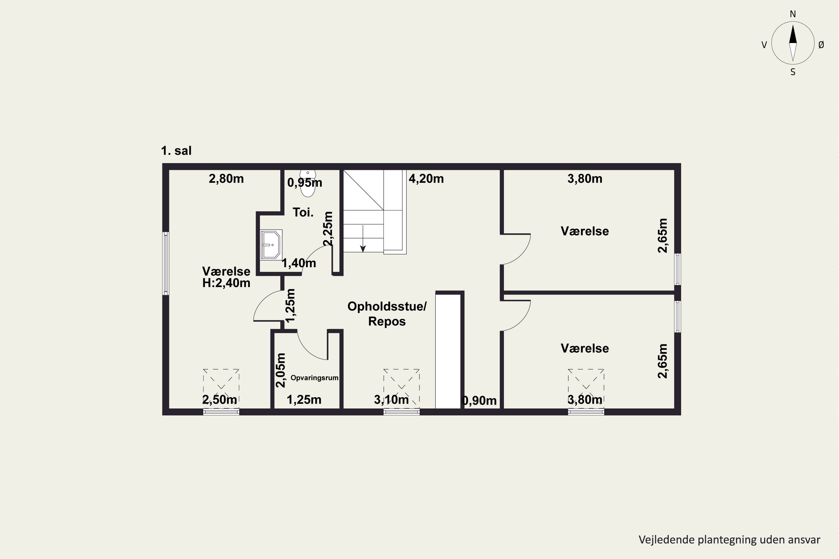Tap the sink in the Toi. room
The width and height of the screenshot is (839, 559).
(x=271, y=245)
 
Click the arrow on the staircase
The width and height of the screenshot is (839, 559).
(x=363, y=238)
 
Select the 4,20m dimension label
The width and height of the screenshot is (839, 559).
(x=426, y=179)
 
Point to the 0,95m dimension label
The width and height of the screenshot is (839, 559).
(x=305, y=183)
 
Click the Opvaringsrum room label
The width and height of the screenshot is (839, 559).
(x=314, y=378)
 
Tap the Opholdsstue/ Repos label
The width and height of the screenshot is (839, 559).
(x=387, y=314)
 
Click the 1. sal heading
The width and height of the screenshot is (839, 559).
(x=176, y=151)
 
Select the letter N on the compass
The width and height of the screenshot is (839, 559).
(x=793, y=14)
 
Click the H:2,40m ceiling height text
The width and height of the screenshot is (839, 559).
(x=226, y=283)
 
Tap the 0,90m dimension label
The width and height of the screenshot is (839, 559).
(x=479, y=401)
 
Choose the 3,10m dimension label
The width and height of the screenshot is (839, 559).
(x=391, y=400)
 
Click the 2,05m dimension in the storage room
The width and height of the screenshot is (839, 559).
(x=281, y=370)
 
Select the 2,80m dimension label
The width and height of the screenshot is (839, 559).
(x=226, y=179)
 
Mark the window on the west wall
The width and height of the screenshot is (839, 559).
(x=166, y=264)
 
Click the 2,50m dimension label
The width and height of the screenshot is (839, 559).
(x=219, y=400)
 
